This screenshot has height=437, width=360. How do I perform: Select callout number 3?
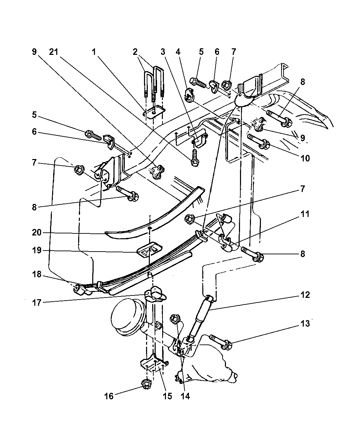tap(163, 52)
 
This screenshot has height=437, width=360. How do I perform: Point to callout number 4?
tap(178, 52)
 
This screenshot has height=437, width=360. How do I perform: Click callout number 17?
tap(37, 303)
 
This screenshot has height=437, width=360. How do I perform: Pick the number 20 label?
tap(37, 232)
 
